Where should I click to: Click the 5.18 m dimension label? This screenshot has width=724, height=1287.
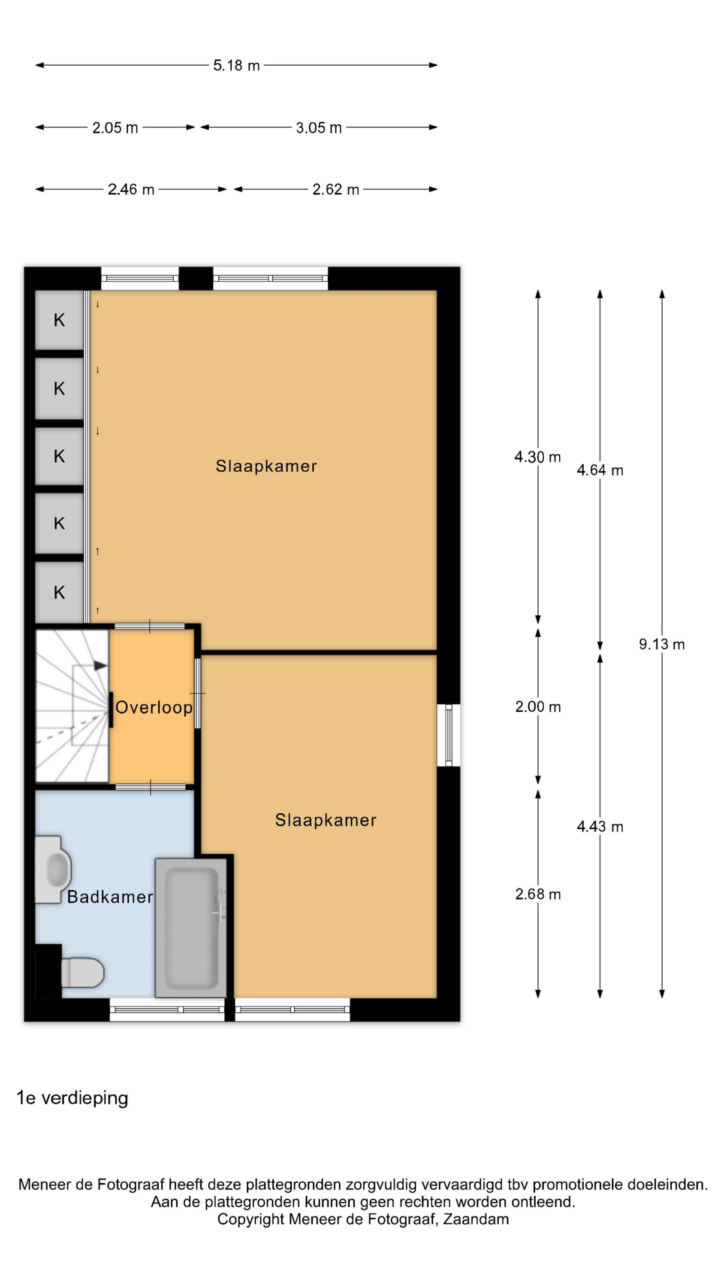[x=236, y=66]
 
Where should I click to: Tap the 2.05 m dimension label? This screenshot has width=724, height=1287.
[x=115, y=128]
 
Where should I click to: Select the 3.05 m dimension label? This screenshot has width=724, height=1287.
[x=319, y=128]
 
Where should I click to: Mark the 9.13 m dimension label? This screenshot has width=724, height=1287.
[x=661, y=644]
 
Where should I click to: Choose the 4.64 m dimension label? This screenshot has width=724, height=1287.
[x=600, y=470]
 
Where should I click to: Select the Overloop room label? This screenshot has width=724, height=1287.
[x=154, y=707]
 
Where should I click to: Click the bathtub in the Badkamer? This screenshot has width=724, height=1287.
[x=191, y=928]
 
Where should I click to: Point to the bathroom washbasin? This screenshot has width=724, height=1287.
[x=53, y=870]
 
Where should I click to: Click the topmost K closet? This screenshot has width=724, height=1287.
[x=59, y=320]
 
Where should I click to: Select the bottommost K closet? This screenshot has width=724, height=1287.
[x=59, y=592]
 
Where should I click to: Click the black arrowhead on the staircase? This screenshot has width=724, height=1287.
[x=100, y=665]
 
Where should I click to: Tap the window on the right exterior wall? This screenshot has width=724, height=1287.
[x=449, y=735]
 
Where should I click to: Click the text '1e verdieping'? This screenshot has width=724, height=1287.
[x=72, y=1098]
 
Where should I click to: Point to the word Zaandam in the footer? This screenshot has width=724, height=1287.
[x=476, y=1219]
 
